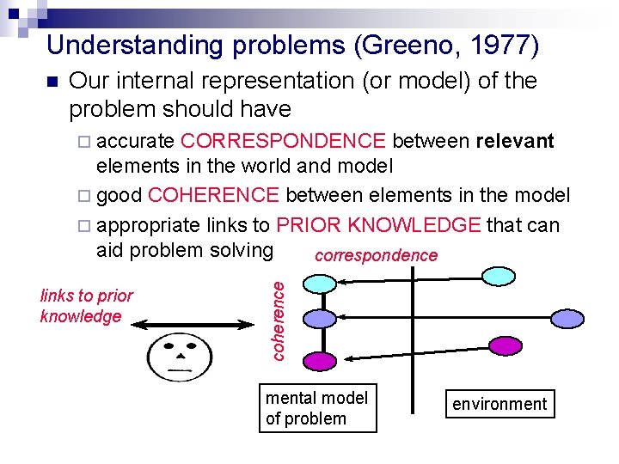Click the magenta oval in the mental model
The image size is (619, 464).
point(320,361)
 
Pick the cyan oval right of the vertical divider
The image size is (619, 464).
point(499,276)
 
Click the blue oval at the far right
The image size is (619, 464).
point(567,319)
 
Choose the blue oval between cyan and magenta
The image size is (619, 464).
point(320,319)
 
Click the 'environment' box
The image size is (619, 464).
point(499,404)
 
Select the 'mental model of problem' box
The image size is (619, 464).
point(317,409)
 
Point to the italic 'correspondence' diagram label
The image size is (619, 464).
point(376,256)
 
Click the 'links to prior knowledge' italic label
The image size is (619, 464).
point(86,306)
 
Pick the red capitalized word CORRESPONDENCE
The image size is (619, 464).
point(284,141)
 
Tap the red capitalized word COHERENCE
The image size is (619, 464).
point(213,196)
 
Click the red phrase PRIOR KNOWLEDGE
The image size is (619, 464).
point(378,225)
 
